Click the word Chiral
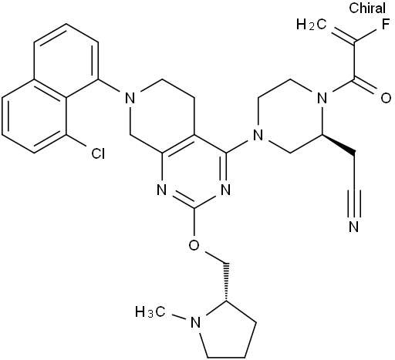367,8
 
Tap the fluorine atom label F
386,25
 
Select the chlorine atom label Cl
98,153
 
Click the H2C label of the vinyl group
312,25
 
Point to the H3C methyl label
150,312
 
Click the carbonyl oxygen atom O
386,98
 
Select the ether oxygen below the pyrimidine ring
194,245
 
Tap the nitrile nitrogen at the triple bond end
354,226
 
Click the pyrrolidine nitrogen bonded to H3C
195,322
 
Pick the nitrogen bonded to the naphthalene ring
130,98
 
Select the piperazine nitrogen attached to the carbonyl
322,98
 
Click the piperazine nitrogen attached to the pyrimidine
258,135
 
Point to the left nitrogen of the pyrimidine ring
162,190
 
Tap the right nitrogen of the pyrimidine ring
226,190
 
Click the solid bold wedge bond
338,145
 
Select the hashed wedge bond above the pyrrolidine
226,281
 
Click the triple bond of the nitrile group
354,204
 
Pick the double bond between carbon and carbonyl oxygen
367,85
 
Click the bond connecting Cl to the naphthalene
77,141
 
